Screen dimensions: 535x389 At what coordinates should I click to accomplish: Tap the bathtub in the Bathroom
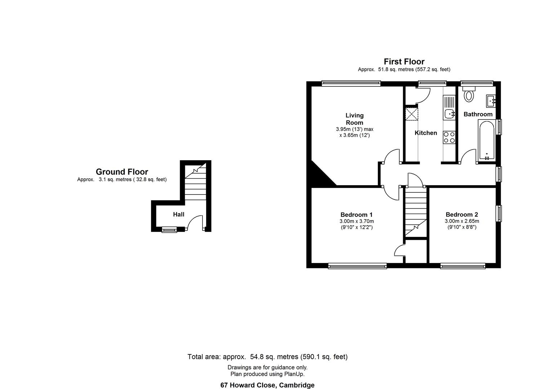(x=486, y=141)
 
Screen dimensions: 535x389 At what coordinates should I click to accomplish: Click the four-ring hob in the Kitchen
(x=449, y=137)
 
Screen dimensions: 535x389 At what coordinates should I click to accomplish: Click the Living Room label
(x=355, y=119)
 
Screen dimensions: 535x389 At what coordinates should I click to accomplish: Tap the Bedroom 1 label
(x=356, y=214)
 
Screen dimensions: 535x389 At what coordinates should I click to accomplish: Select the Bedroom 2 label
(x=462, y=214)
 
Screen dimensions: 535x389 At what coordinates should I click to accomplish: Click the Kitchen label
(x=425, y=133)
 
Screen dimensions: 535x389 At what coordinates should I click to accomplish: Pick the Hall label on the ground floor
(x=178, y=214)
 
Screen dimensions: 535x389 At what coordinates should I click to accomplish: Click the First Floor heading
(x=404, y=62)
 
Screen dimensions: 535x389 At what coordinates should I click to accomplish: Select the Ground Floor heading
(x=122, y=172)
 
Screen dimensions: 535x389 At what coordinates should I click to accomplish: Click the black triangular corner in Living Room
(x=319, y=175)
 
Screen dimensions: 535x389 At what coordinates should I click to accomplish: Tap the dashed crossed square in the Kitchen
(x=411, y=114)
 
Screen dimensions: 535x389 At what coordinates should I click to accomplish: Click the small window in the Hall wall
(x=169, y=230)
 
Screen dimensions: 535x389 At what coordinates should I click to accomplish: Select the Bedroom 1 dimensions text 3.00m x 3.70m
(x=357, y=221)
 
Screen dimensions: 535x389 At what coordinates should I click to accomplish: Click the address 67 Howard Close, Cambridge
(x=267, y=385)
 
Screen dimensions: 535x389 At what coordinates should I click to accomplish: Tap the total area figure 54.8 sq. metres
(x=274, y=357)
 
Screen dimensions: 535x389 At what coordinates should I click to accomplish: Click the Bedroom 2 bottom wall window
(x=463, y=265)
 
